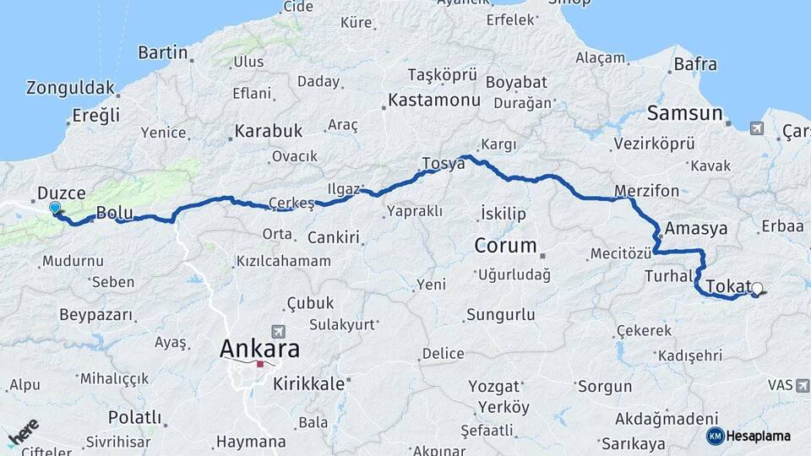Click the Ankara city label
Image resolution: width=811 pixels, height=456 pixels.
(259, 348)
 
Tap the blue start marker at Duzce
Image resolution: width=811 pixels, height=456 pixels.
(55, 208)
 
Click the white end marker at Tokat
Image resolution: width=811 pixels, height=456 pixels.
(756, 289)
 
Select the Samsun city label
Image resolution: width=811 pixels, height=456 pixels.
(684, 113)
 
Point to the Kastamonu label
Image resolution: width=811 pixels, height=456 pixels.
(433, 100)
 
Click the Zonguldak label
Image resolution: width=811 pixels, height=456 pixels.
(70, 88)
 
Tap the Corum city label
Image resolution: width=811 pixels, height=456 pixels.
(505, 246)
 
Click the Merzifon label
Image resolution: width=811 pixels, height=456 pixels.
(646, 191)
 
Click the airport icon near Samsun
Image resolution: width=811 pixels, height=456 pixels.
(755, 128)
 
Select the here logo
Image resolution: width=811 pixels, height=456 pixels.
(23, 432)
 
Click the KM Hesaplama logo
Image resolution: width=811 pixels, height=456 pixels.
(748, 436)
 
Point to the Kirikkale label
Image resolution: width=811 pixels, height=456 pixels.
(309, 383)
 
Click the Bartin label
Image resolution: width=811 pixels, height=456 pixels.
(162, 52)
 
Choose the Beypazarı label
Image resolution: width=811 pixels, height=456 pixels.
(96, 315)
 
